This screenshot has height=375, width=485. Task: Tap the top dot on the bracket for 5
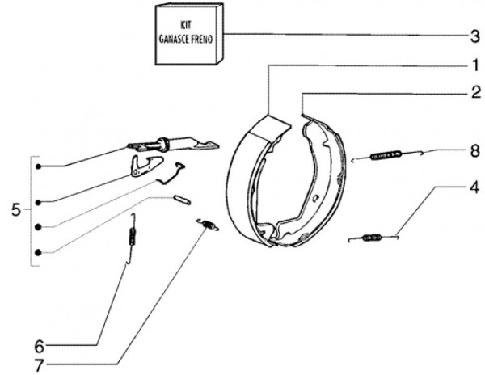click(x=38, y=166)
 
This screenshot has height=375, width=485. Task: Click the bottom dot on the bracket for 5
click(x=38, y=253)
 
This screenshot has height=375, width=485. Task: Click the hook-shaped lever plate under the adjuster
click(x=143, y=166)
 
